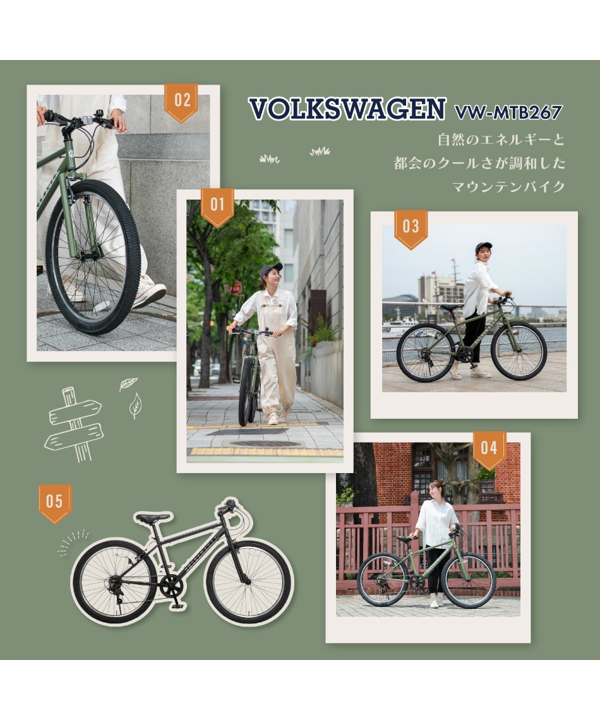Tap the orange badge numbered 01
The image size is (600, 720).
217,206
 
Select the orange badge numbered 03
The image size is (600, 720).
411,228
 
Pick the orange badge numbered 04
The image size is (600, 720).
489,449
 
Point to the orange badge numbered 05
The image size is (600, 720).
55,502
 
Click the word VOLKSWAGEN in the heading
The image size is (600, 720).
347,110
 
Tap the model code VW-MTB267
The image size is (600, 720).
508,112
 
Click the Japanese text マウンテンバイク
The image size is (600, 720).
508,187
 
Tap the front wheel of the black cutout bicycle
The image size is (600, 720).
249,581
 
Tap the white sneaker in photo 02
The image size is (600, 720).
150,294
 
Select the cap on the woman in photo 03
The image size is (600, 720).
484,246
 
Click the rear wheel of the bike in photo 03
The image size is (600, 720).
425,353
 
